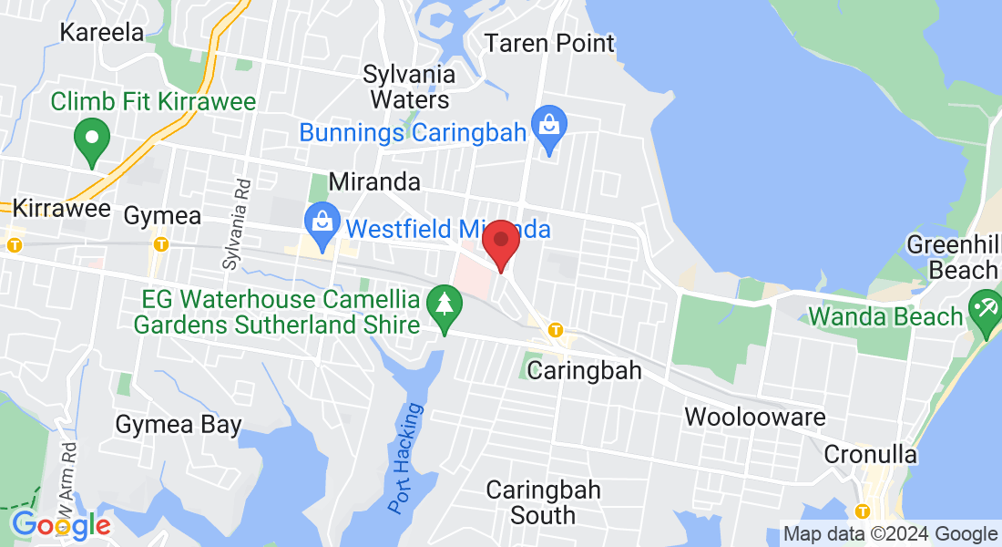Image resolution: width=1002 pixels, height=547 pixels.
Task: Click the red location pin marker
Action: [500, 243]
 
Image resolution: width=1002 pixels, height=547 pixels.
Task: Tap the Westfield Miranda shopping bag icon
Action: [321, 220]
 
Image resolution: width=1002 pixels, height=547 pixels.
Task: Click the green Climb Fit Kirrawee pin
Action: [91, 139]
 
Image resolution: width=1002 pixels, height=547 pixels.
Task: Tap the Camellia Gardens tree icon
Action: [444, 301]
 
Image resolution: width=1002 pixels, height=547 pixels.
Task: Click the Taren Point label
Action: [549, 43]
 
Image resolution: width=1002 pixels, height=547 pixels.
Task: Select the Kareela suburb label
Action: [102, 33]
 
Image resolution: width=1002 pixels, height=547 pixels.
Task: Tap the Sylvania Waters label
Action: [406, 86]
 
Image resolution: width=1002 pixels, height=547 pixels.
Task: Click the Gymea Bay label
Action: [179, 425]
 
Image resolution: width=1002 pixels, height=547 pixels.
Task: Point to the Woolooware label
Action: [755, 418]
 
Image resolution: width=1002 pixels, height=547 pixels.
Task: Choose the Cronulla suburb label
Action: [870, 454]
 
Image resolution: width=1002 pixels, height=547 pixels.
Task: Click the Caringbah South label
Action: [543, 502]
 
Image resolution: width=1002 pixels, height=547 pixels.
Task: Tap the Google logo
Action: [61, 525]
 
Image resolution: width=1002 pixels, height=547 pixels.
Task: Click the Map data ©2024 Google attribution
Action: [890, 534]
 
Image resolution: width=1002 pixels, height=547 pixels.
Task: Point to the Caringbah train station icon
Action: [555, 330]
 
